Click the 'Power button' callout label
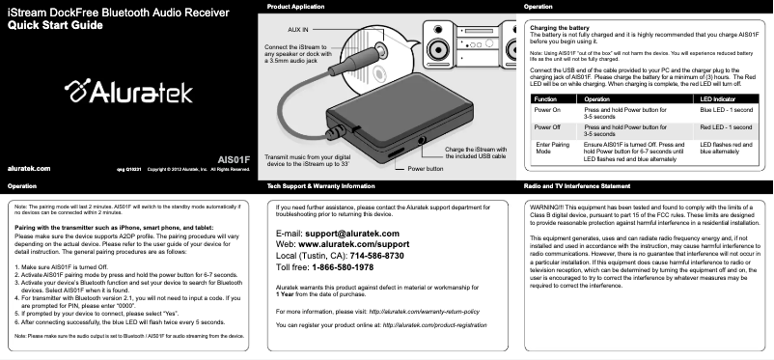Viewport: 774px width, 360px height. (425, 168)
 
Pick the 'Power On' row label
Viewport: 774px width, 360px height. (547, 112)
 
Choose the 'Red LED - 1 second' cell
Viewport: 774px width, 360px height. (726, 126)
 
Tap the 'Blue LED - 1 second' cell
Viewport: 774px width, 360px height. (727, 112)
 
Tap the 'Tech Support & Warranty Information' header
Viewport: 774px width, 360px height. (327, 184)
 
